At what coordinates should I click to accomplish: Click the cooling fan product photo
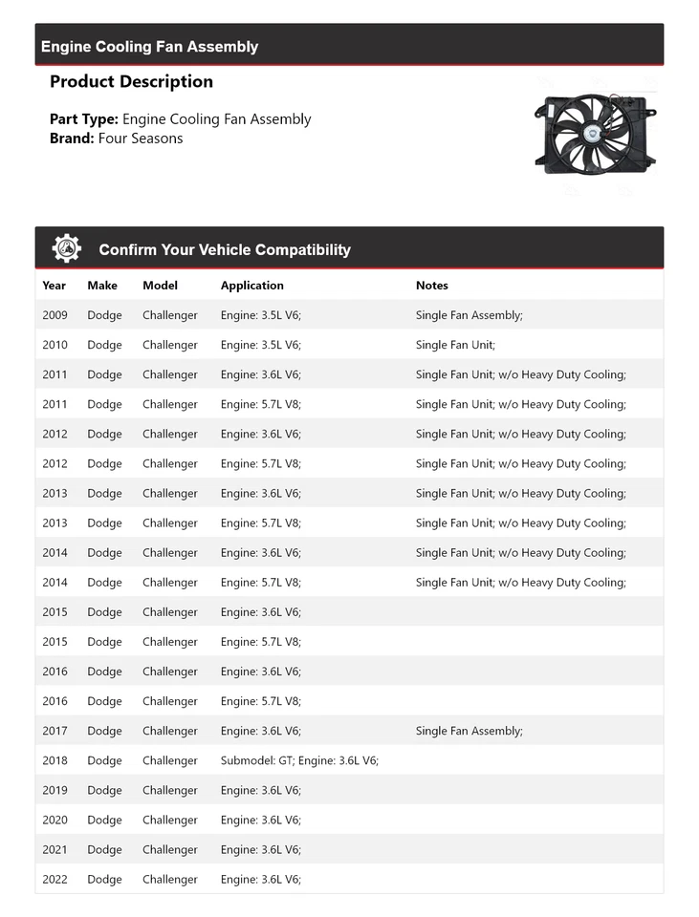coord(595,134)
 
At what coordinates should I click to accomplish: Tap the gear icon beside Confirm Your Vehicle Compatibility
coord(67,248)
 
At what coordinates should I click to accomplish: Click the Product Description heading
coord(131,81)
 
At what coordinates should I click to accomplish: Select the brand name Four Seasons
coord(140,138)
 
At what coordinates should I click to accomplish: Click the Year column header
coord(55,285)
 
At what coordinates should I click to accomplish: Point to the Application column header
coord(251,285)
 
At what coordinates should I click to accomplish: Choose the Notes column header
coord(431,285)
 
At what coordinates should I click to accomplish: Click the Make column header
coord(102,285)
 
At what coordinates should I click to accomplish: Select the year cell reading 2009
coord(55,315)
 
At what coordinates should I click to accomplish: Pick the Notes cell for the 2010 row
coord(455,345)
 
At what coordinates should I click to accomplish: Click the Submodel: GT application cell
coord(299,760)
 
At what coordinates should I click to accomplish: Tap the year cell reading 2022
coord(55,879)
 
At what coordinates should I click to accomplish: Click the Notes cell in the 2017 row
coord(469,731)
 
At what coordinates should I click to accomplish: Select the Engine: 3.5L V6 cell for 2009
coord(260,315)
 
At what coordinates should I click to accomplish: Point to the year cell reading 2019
coord(55,790)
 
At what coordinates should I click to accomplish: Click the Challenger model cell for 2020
coord(170,820)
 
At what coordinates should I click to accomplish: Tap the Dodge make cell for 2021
coord(104,849)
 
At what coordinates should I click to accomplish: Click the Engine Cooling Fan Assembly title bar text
coord(149,46)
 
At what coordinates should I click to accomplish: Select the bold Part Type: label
coord(84,119)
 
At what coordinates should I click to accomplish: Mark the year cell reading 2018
coord(55,760)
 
